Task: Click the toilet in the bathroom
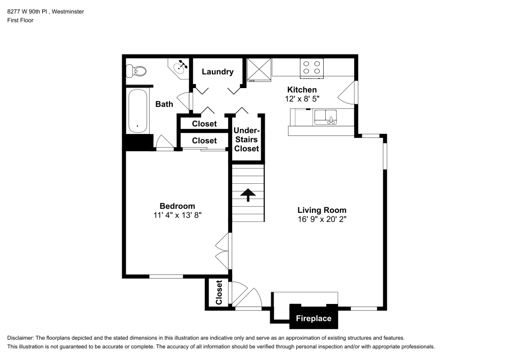coord(136,71)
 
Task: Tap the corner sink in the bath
coord(179,68)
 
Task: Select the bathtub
coord(137,111)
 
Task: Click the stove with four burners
coord(312,68)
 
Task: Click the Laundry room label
coord(217,72)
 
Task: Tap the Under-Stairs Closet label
coord(247,140)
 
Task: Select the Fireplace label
coord(314,318)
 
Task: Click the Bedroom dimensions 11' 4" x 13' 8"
coord(178,215)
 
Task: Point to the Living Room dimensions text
coord(322,219)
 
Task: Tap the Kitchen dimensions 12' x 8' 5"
coord(302,99)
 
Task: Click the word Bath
coord(164,104)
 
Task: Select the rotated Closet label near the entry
coord(219,292)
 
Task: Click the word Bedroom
coord(177,206)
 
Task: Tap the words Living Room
coord(322,210)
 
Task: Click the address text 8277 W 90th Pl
coord(28,12)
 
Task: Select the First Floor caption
coord(20,20)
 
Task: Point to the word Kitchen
coord(302,90)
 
